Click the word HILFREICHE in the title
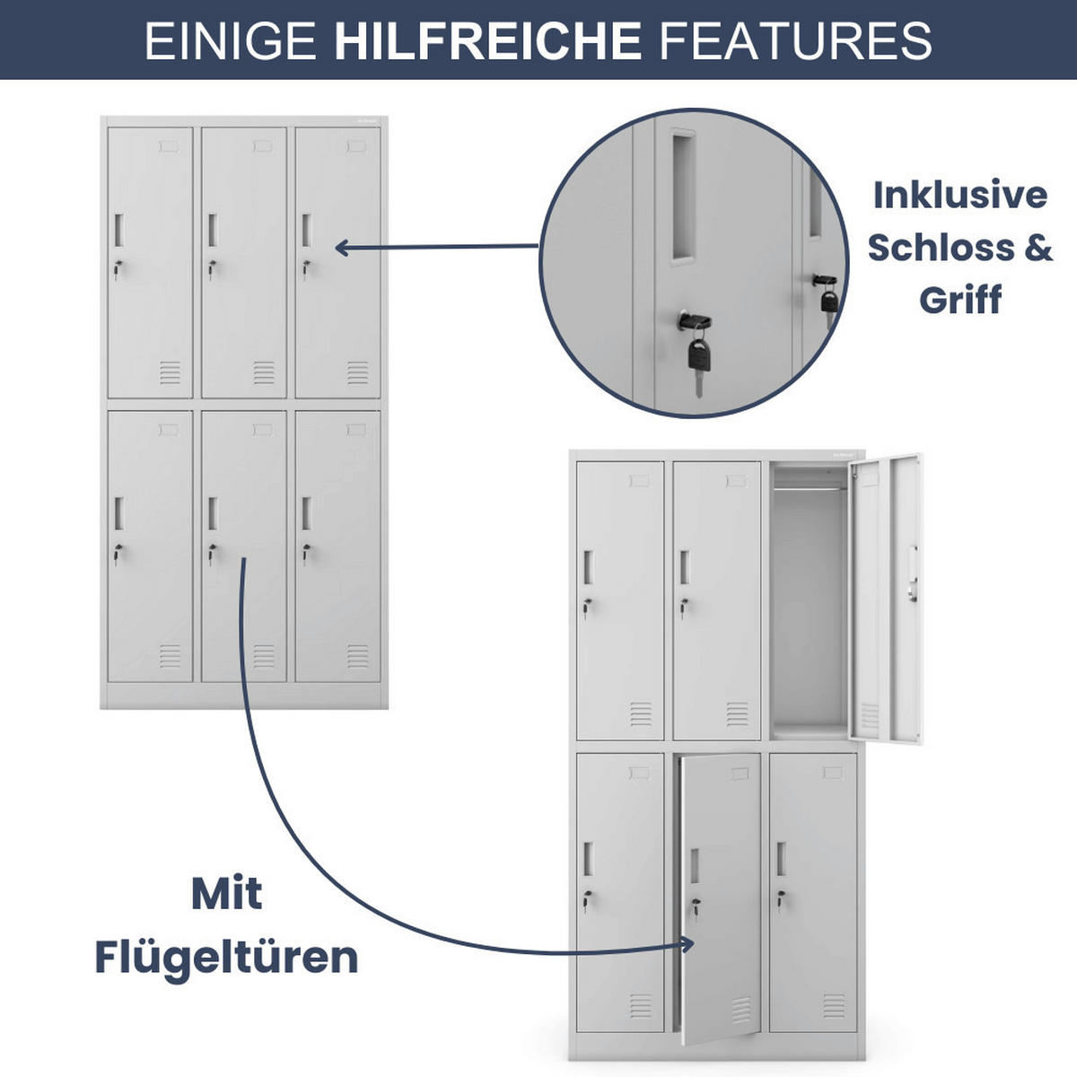pos(487,41)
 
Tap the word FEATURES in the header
pos(795,41)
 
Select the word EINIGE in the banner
pos(230,41)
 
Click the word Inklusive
pos(959,195)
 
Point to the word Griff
pos(959,299)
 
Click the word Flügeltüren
pos(226,957)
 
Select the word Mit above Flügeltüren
pos(226,893)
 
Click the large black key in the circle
pos(699,353)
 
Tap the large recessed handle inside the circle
pos(681,197)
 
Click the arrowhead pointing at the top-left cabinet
pos(342,248)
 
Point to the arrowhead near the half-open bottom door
pos(687,943)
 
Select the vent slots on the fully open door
pos(870,715)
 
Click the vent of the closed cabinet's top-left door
pos(170,372)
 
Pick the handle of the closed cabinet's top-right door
pos(306,230)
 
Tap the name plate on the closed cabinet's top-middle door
pos(262,146)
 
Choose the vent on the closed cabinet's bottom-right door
pos(357,656)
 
